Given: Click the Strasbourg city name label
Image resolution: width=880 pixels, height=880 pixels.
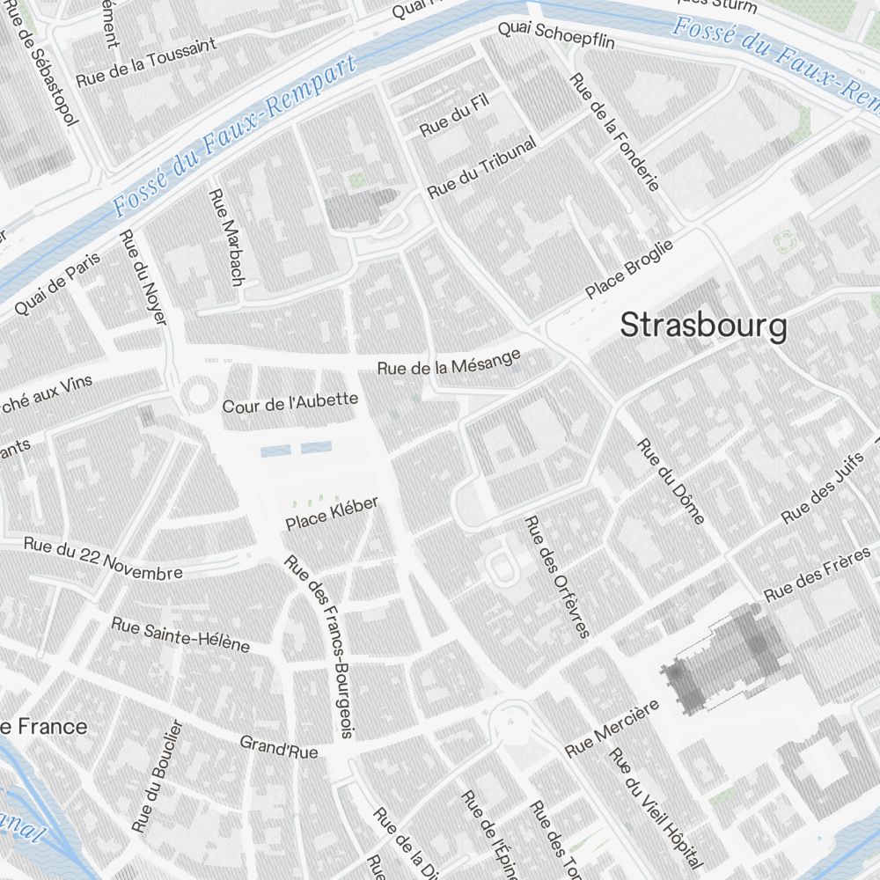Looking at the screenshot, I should tap(703, 326).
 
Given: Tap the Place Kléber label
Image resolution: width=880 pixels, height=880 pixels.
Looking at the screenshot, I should tap(332, 514).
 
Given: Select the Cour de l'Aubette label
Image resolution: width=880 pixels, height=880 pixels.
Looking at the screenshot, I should tap(290, 403).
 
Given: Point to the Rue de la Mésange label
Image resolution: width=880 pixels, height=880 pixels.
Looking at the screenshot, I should tap(449, 363).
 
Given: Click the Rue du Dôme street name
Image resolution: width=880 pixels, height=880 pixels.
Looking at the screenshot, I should tap(671, 480).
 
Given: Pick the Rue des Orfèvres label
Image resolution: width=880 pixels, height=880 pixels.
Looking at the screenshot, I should tap(556, 576).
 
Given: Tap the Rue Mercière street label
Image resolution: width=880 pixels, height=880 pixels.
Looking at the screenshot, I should tap(612, 729).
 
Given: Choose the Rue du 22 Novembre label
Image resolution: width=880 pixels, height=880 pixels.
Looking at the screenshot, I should tap(103, 559).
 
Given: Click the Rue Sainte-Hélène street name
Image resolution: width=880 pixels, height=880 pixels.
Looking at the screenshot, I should tap(180, 634).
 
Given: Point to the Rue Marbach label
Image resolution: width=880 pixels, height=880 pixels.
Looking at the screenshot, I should tap(225, 236).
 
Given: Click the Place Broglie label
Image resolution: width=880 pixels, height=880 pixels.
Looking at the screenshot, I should tap(629, 268).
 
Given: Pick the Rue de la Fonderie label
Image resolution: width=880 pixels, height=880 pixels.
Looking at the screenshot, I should tap(614, 132).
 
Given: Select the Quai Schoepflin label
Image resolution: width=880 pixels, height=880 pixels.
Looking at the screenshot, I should tap(556, 35).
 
